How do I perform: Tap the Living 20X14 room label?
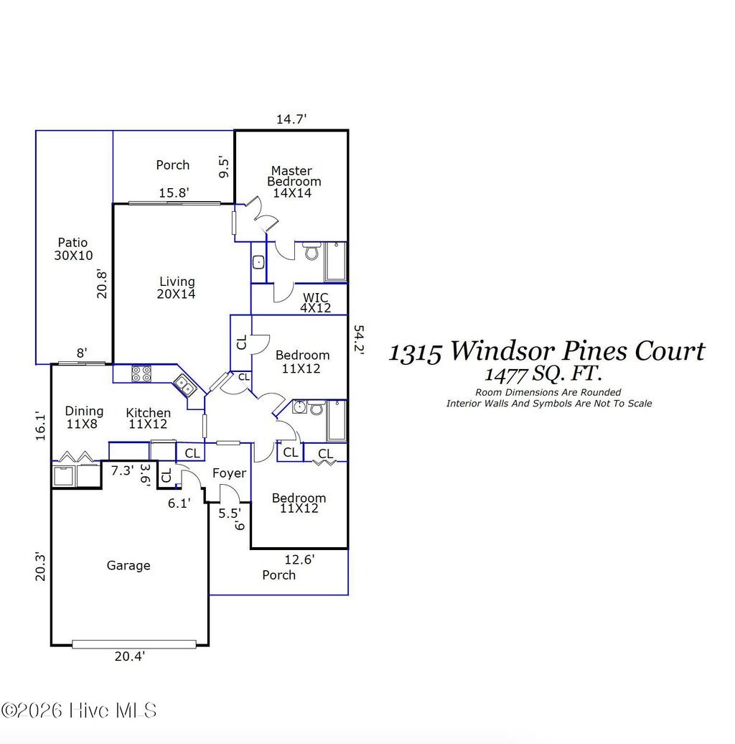pyautogui.click(x=177, y=288)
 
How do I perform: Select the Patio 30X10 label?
pyautogui.click(x=73, y=249)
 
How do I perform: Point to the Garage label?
pyautogui.click(x=128, y=566)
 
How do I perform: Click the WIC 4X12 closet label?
pyautogui.click(x=315, y=302)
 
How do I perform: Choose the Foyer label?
pyautogui.click(x=229, y=473)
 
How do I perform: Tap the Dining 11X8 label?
pyautogui.click(x=84, y=417)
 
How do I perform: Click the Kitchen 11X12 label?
pyautogui.click(x=149, y=419)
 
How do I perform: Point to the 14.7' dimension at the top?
pyautogui.click(x=291, y=120)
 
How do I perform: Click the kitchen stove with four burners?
pyautogui.click(x=141, y=373)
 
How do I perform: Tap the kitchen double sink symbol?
pyautogui.click(x=185, y=387)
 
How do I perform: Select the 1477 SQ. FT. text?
pyautogui.click(x=543, y=374)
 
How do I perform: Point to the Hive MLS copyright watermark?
pyautogui.click(x=79, y=711)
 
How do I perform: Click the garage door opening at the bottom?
pyautogui.click(x=134, y=644)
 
